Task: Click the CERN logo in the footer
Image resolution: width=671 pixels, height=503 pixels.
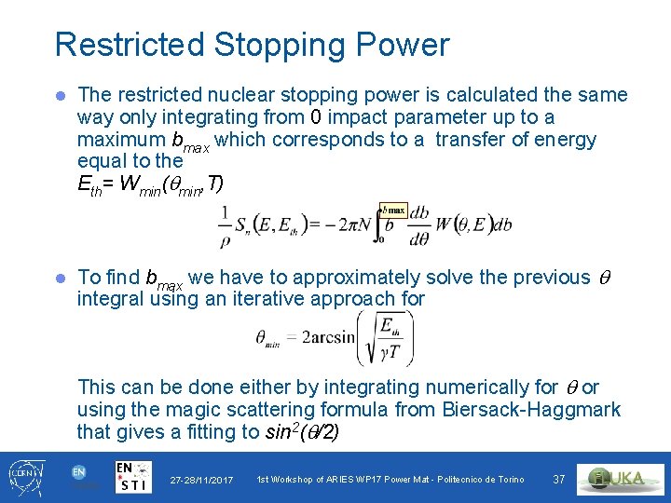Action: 23,475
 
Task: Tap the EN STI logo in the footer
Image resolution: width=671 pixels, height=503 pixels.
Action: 134,476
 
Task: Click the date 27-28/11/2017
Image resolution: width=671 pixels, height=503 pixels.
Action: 201,480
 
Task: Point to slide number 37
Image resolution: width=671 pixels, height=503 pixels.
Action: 559,479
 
